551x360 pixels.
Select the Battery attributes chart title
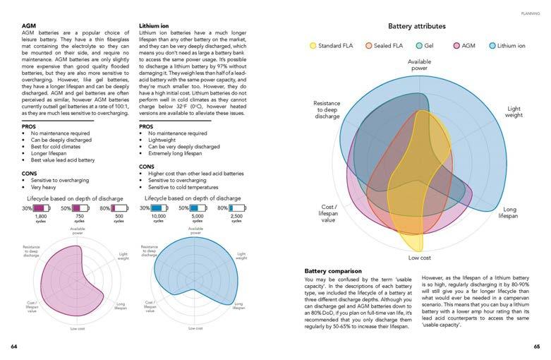tap(416, 26)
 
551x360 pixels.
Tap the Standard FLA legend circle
tap(313, 46)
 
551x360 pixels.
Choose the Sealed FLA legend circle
tap(369, 46)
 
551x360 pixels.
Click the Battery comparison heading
tap(334, 271)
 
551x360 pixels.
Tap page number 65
tap(536, 347)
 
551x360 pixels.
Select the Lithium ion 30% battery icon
tap(158, 208)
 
